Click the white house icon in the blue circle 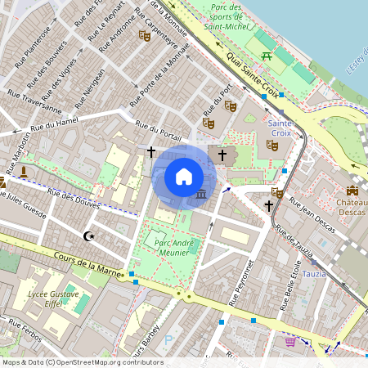pyautogui.click(x=184, y=177)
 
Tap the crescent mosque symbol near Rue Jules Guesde pyautogui.click(x=89, y=237)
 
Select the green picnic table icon pyautogui.click(x=267, y=56)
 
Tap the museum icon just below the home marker pyautogui.click(x=201, y=195)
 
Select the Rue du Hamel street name pyautogui.click(x=53, y=127)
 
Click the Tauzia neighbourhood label pyautogui.click(x=313, y=274)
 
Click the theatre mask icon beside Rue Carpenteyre pyautogui.click(x=145, y=34)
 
